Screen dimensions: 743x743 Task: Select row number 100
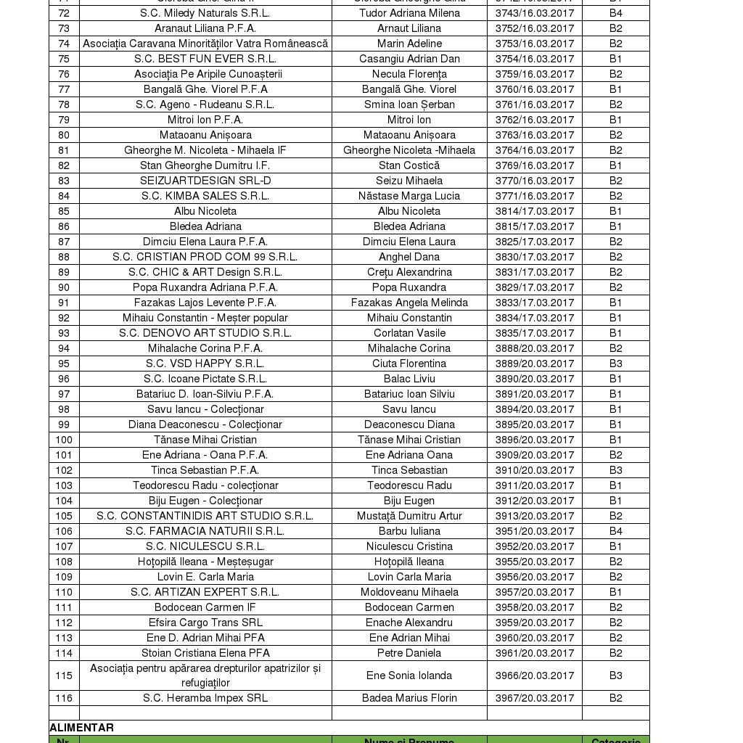(64, 440)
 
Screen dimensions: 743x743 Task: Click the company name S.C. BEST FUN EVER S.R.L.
(205, 59)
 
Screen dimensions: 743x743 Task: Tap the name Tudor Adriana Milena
(409, 13)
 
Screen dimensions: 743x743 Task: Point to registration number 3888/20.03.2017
(535, 348)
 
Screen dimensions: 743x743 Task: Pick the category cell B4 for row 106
(616, 531)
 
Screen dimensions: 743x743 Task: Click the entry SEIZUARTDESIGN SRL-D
(205, 181)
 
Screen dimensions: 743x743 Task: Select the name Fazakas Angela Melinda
(409, 303)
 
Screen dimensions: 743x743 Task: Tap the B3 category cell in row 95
(616, 364)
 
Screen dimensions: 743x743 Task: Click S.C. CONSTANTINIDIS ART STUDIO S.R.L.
(205, 516)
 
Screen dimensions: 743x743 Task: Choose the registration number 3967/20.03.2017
(535, 698)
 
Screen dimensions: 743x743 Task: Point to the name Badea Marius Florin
(409, 698)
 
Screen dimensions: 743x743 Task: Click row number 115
(64, 676)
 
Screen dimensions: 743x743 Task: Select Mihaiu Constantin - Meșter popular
(205, 318)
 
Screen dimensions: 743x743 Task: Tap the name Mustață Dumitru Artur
(409, 516)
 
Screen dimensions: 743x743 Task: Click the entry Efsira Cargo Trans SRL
(205, 623)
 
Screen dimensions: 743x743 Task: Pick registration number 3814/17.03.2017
(535, 211)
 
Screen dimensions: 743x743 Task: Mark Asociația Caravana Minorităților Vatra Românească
(205, 44)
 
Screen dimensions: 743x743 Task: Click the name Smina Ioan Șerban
(409, 104)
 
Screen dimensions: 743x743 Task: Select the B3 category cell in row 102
(616, 470)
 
